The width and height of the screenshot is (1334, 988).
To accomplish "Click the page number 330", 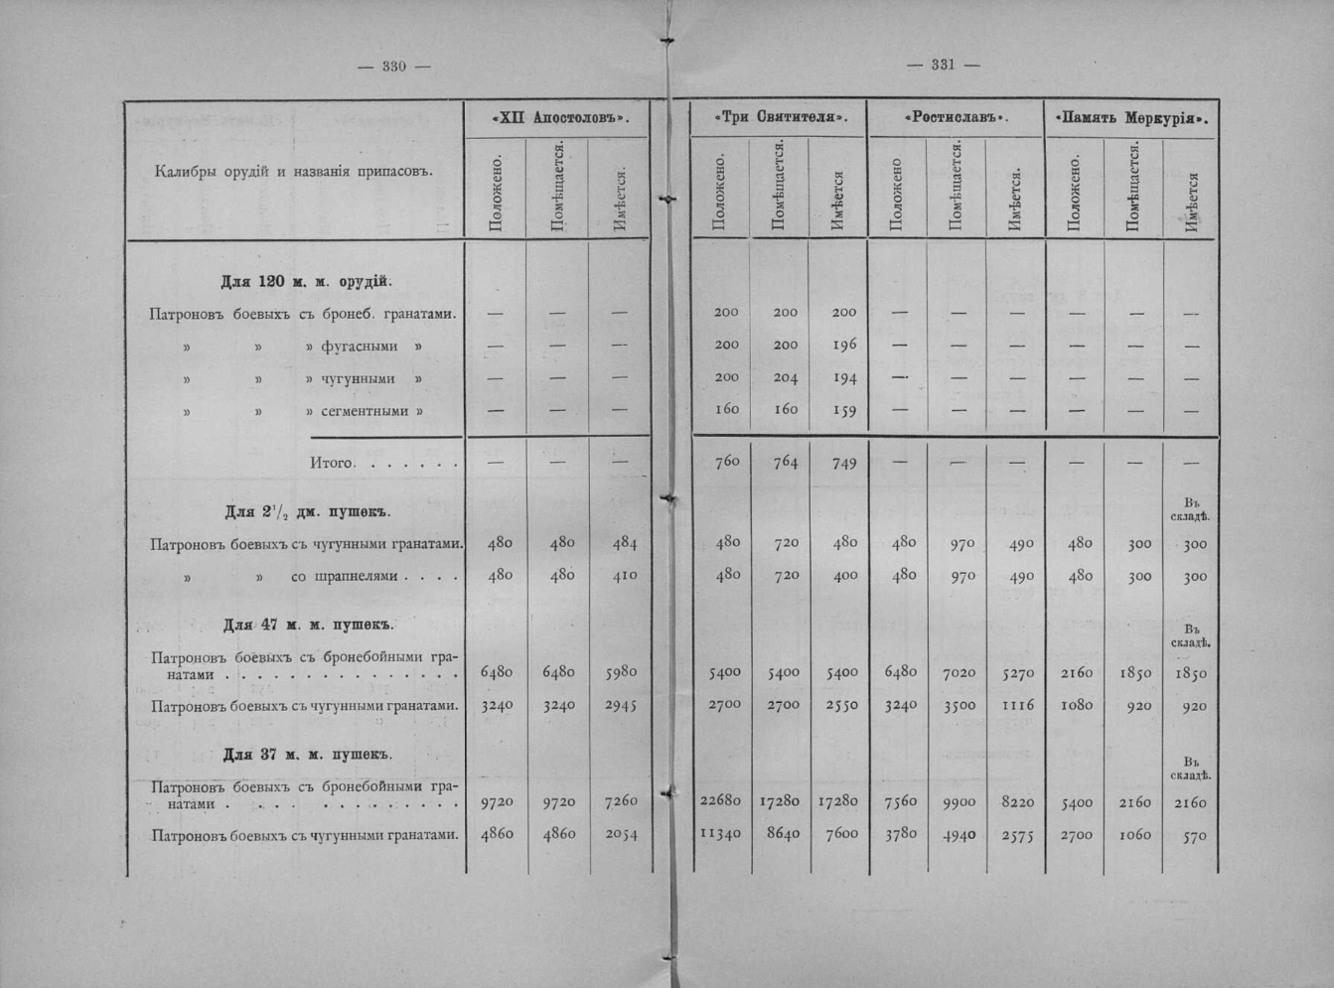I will click(394, 67).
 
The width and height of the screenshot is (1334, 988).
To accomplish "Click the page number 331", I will click(943, 65).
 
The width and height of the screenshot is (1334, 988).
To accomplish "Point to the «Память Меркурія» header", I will click(1131, 118).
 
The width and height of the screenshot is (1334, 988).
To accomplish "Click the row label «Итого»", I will click(332, 463).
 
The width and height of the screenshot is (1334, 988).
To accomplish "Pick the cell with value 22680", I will click(720, 801).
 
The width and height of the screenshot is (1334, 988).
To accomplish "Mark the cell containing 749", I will click(844, 463).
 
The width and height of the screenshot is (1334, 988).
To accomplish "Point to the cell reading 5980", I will click(621, 672).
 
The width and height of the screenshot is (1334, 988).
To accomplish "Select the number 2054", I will click(621, 834).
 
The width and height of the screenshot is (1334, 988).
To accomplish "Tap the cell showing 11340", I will click(720, 834).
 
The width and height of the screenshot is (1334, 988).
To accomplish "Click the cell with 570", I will click(1195, 836).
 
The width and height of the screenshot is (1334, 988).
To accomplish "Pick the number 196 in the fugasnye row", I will click(844, 345).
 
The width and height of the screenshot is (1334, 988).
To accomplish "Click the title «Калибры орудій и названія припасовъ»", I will click(294, 171).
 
